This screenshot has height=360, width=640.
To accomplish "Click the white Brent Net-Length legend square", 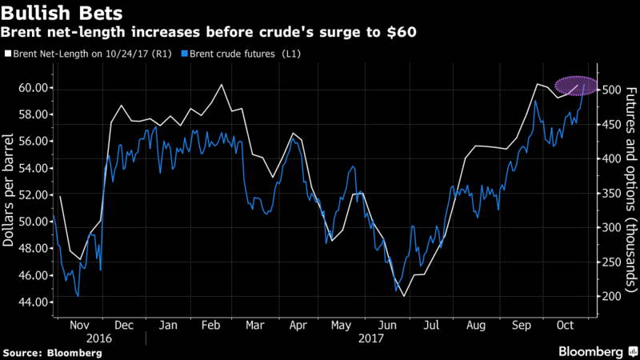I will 8,55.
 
